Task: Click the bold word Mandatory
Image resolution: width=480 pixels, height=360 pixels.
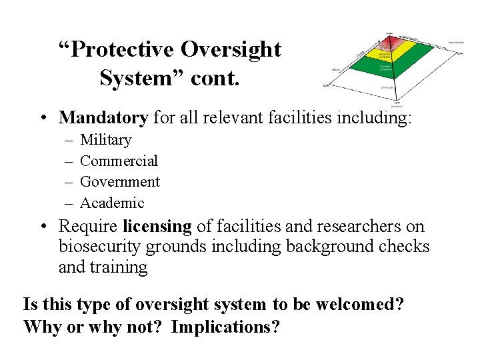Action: coord(103,118)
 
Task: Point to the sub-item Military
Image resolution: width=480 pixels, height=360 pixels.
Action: coord(105,140)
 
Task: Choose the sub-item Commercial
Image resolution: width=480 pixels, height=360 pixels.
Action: coord(119,161)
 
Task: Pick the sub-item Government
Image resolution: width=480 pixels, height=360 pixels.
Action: coord(120,181)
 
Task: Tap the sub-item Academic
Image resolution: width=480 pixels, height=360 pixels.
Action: coord(111,202)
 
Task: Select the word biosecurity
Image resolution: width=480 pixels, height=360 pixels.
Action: coord(99,247)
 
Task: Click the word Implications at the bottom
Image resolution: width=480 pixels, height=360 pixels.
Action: coord(225,327)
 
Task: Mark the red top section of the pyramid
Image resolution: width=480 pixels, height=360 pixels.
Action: coord(388,42)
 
